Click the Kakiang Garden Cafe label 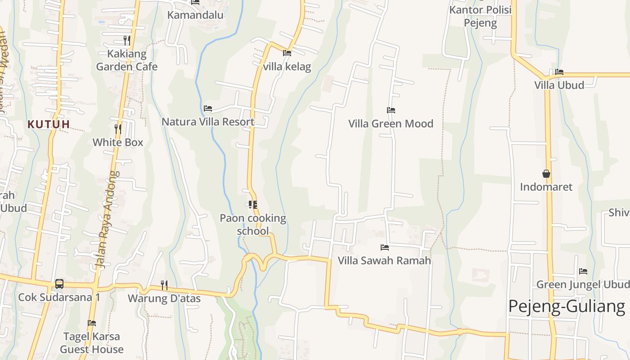click(127, 60)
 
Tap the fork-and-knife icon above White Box click(118, 129)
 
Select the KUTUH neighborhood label click(49, 124)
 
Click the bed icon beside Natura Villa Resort click(208, 108)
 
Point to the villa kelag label click(287, 67)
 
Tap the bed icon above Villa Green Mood click(391, 110)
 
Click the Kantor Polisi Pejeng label click(481, 16)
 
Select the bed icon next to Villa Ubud click(559, 72)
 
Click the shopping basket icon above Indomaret click(546, 174)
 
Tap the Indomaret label click(546, 187)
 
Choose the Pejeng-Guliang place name click(567, 306)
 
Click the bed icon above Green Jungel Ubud click(583, 271)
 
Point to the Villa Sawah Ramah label click(384, 261)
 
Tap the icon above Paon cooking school click(253, 205)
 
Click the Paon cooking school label click(253, 225)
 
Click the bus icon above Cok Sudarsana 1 click(59, 284)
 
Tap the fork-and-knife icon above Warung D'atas click(164, 285)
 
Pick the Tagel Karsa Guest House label click(92, 343)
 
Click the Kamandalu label click(195, 15)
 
